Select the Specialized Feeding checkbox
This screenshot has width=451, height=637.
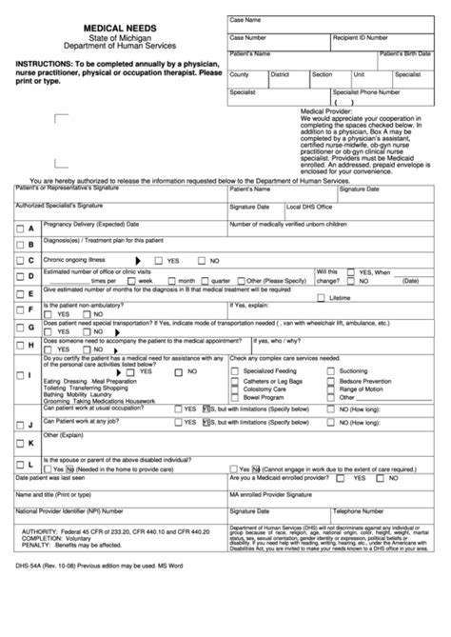[x=235, y=370]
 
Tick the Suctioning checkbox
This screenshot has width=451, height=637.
[x=330, y=370]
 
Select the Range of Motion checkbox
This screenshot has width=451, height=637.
[x=330, y=388]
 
